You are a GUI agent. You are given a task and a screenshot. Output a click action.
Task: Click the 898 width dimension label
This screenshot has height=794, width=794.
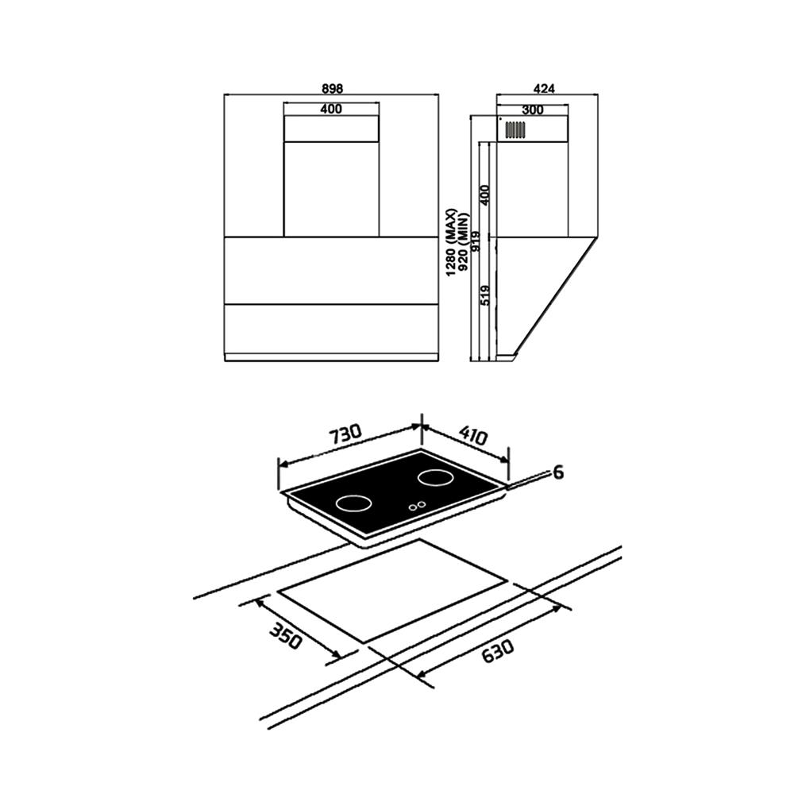point(332,89)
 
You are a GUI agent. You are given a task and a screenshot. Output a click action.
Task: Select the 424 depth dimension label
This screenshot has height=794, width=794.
point(545,89)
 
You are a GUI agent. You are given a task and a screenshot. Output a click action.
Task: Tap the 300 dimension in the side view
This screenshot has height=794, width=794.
point(532,110)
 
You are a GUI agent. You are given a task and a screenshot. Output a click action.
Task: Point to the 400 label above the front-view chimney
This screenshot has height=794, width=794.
point(331,109)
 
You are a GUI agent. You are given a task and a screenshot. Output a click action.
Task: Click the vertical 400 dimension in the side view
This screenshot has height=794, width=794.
point(484,195)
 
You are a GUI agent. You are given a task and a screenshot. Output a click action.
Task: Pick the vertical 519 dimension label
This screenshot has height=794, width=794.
point(484,295)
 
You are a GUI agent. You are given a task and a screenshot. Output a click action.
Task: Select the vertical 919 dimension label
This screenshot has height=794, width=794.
point(476,241)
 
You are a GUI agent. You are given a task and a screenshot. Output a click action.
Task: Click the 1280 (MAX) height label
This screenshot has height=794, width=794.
point(452,242)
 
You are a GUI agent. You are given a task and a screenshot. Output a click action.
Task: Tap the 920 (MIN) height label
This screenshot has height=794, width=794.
point(464,242)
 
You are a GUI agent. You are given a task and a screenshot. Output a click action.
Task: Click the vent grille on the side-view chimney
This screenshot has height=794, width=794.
point(515,130)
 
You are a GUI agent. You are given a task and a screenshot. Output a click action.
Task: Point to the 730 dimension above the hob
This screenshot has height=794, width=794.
point(346,435)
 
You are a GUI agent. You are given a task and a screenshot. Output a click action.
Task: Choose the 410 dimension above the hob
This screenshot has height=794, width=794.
point(473,435)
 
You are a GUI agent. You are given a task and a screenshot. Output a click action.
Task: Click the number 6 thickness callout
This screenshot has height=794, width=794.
point(558,472)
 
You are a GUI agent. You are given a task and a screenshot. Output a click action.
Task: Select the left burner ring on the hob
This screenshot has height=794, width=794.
point(353,503)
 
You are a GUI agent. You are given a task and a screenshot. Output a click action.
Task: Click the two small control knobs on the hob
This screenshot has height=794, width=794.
point(418,505)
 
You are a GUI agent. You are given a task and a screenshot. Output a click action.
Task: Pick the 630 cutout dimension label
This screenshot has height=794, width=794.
point(497,651)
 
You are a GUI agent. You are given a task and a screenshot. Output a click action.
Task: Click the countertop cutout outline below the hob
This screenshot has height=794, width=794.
point(393,592)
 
